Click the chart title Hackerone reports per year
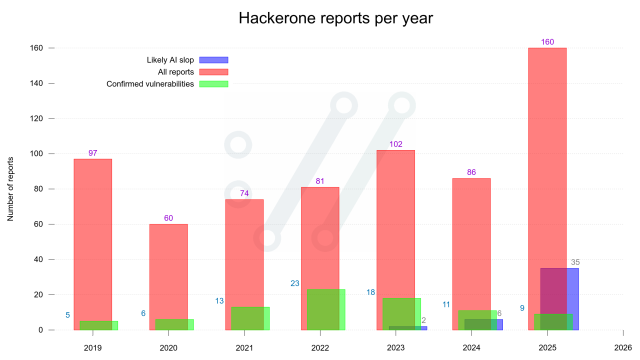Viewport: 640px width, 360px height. [320, 19]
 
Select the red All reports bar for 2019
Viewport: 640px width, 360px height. [93, 240]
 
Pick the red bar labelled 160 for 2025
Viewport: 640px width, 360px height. [547, 150]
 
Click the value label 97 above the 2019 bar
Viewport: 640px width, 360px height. [93, 153]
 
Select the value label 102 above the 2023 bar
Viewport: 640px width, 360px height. [395, 144]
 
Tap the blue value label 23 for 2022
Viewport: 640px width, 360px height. [295, 283]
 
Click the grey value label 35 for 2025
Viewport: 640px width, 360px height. [575, 262]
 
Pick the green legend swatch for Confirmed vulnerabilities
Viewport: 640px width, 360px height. [214, 83]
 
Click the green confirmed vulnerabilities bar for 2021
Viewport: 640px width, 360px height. [250, 318]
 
